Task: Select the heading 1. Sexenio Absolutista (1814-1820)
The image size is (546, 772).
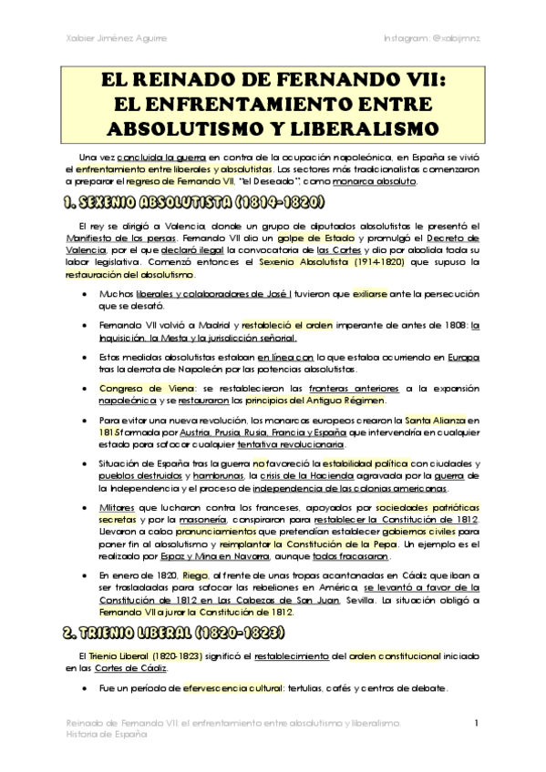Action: (x=190, y=202)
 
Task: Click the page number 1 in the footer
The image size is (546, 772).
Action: (x=477, y=724)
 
